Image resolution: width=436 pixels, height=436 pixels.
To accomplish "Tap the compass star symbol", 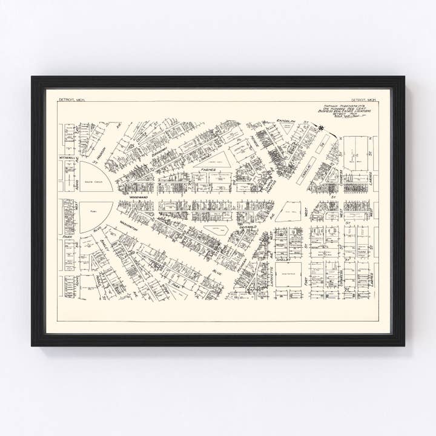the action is pos(320,127).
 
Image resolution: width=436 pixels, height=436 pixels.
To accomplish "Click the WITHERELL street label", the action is pos(68,156).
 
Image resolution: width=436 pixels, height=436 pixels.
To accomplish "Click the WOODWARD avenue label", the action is pos(138,197).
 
